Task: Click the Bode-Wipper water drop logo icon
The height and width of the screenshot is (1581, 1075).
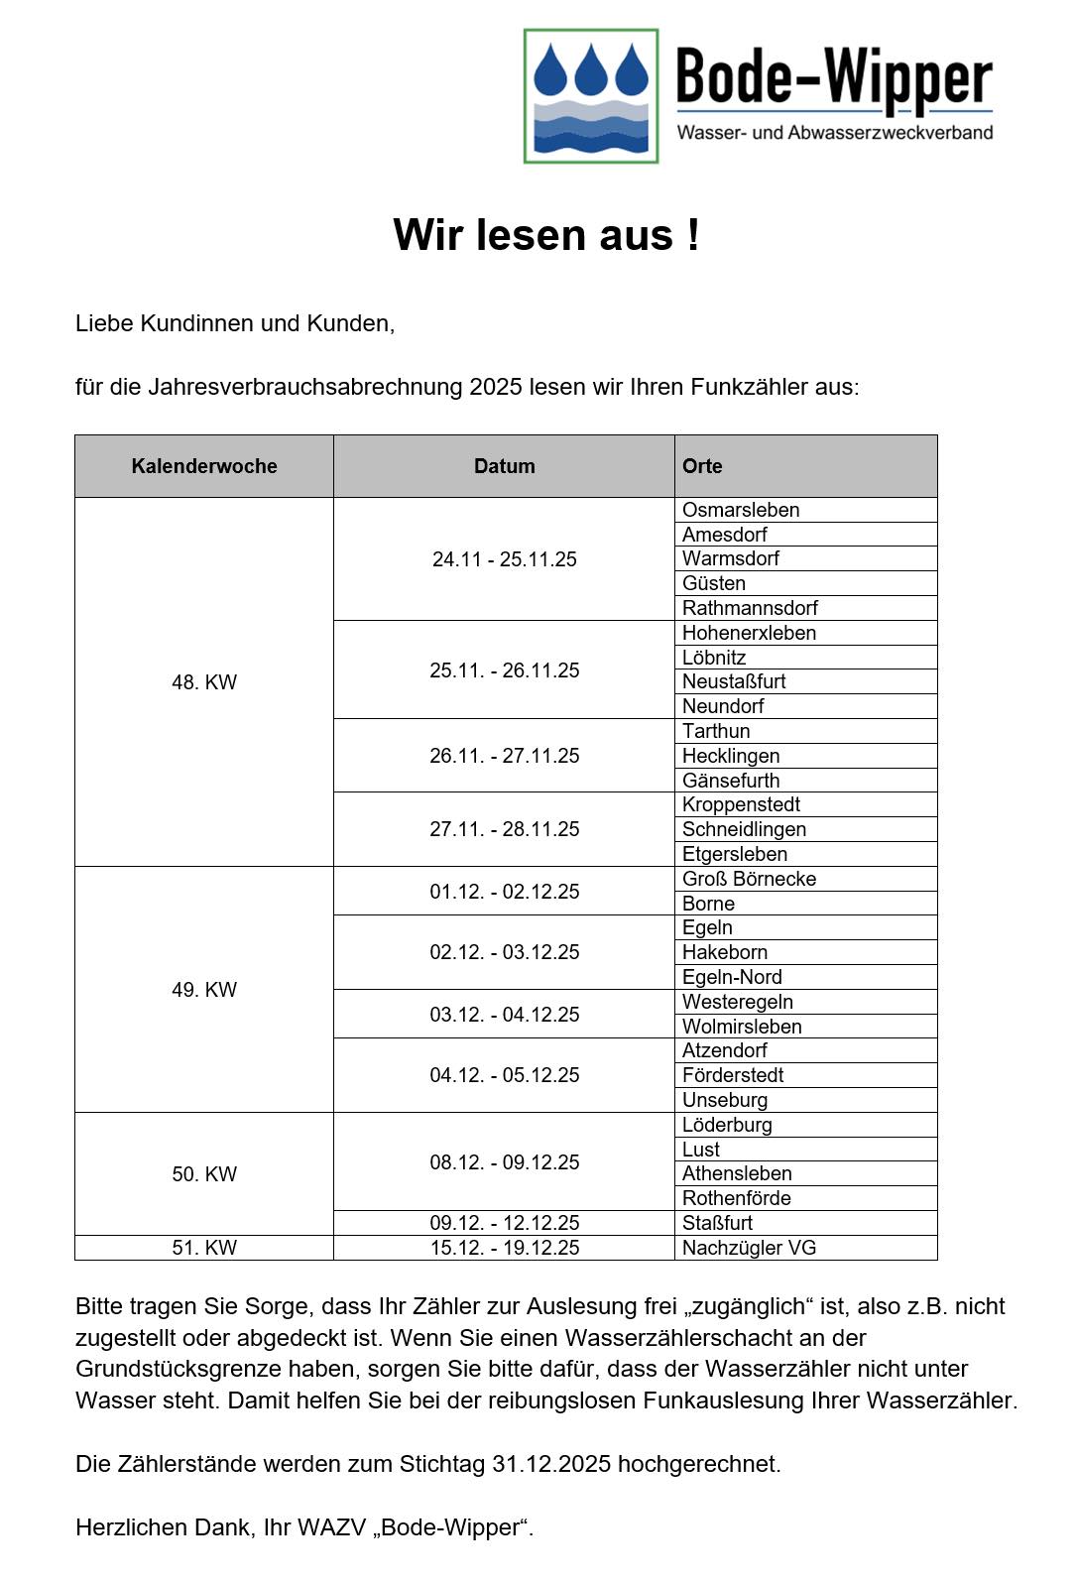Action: click(x=591, y=96)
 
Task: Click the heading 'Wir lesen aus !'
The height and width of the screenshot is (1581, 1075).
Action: click(x=546, y=235)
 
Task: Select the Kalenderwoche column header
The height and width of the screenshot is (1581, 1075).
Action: click(x=204, y=466)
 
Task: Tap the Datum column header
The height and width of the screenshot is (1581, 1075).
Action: click(x=504, y=466)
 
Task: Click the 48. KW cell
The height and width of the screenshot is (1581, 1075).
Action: click(x=204, y=682)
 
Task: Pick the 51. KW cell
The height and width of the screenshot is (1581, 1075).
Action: click(x=204, y=1248)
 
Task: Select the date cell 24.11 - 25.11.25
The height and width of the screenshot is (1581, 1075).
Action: click(x=504, y=559)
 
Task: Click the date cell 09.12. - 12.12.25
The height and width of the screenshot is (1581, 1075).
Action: click(x=504, y=1223)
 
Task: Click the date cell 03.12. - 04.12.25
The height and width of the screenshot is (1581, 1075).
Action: click(x=504, y=1015)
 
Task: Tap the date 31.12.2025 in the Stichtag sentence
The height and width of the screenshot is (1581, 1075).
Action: click(x=550, y=1464)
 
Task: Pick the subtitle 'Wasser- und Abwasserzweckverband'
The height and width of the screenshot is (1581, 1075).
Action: click(x=834, y=132)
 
